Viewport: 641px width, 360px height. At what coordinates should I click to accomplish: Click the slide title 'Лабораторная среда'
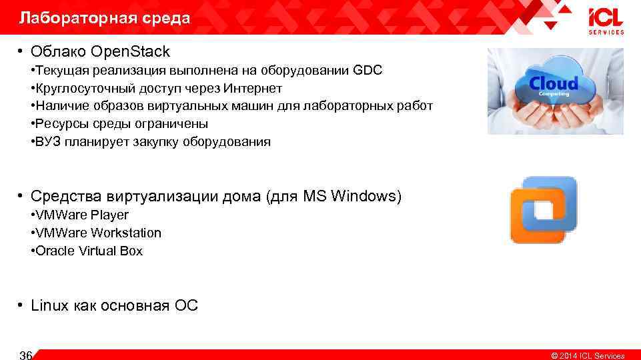coord(105,18)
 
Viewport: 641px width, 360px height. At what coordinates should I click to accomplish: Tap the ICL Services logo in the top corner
coord(606,21)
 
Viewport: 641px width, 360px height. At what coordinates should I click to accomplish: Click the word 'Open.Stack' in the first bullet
coord(131,51)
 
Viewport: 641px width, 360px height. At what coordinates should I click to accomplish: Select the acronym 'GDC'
coord(368,70)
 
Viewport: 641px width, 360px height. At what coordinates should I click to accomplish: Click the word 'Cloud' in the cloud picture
coord(553,83)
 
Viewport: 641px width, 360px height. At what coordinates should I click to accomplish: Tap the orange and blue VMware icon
coord(543,210)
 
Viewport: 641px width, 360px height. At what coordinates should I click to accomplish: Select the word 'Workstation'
coord(126,233)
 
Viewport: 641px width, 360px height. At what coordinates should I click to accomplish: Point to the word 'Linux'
coord(49,306)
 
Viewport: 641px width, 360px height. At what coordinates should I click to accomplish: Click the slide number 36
coord(26,355)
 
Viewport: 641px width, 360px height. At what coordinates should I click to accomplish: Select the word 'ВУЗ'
coord(49,141)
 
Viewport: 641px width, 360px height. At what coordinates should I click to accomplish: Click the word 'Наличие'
coord(59,106)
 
